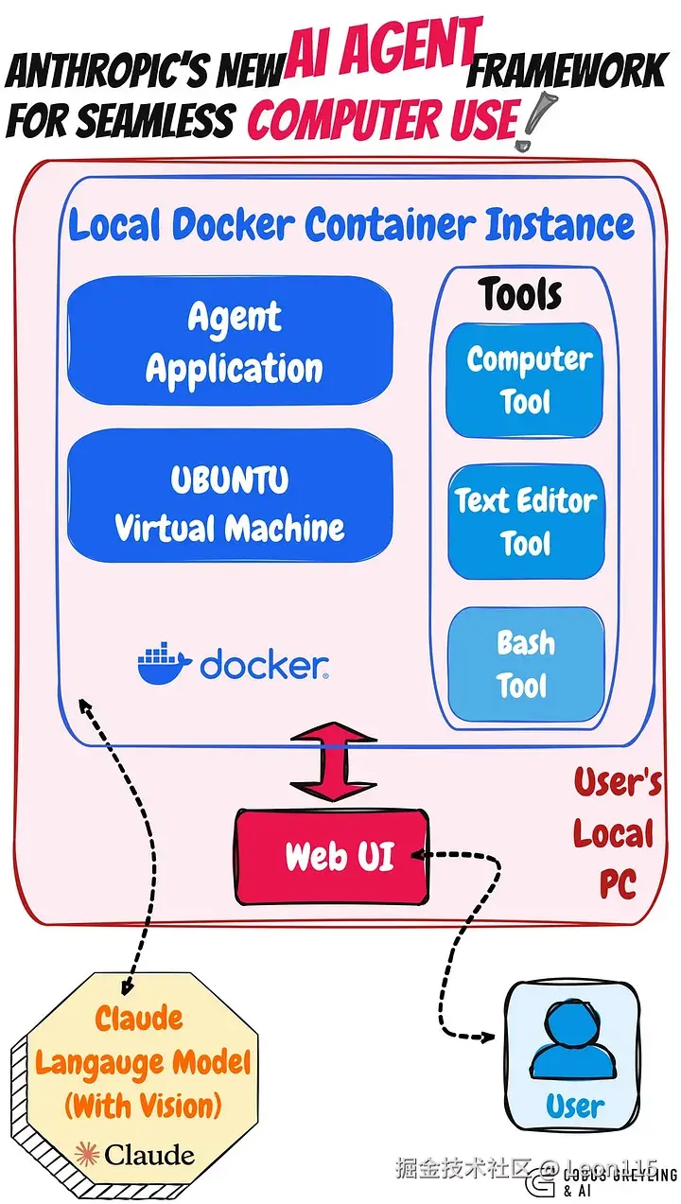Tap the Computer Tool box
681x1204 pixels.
click(525, 380)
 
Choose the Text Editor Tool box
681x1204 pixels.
click(525, 521)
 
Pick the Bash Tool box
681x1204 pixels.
click(525, 664)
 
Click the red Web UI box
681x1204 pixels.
click(330, 856)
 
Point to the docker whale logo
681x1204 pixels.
click(164, 663)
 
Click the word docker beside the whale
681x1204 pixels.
click(263, 665)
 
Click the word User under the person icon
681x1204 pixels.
click(574, 1106)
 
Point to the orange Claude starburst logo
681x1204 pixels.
click(87, 1154)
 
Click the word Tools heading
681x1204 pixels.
click(520, 294)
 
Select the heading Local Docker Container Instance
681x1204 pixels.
click(351, 225)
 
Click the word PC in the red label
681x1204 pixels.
click(617, 884)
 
